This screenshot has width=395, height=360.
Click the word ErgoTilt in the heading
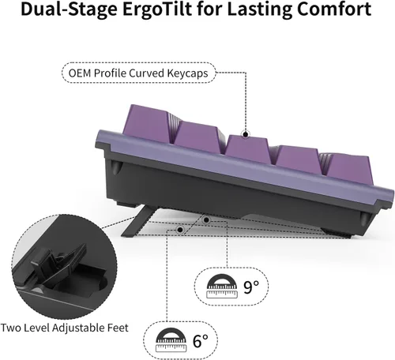coord(157,9)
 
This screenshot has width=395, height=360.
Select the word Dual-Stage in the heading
coord(69,9)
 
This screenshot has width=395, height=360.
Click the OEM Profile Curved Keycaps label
coord(138,73)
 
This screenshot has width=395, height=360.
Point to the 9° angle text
coord(251,287)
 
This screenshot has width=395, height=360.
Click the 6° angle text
coord(201,341)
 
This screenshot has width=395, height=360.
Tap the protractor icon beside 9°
coord(222,287)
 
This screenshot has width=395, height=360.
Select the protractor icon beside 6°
coord(171,340)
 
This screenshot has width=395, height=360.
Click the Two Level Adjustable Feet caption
coord(65,328)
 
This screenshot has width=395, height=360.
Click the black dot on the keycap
coord(246,134)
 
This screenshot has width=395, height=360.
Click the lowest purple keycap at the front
coord(347,170)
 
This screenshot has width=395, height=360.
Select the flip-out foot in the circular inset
coord(59,266)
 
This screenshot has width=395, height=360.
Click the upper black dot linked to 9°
coord(207,219)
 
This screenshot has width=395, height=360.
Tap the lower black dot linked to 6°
coord(180,230)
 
